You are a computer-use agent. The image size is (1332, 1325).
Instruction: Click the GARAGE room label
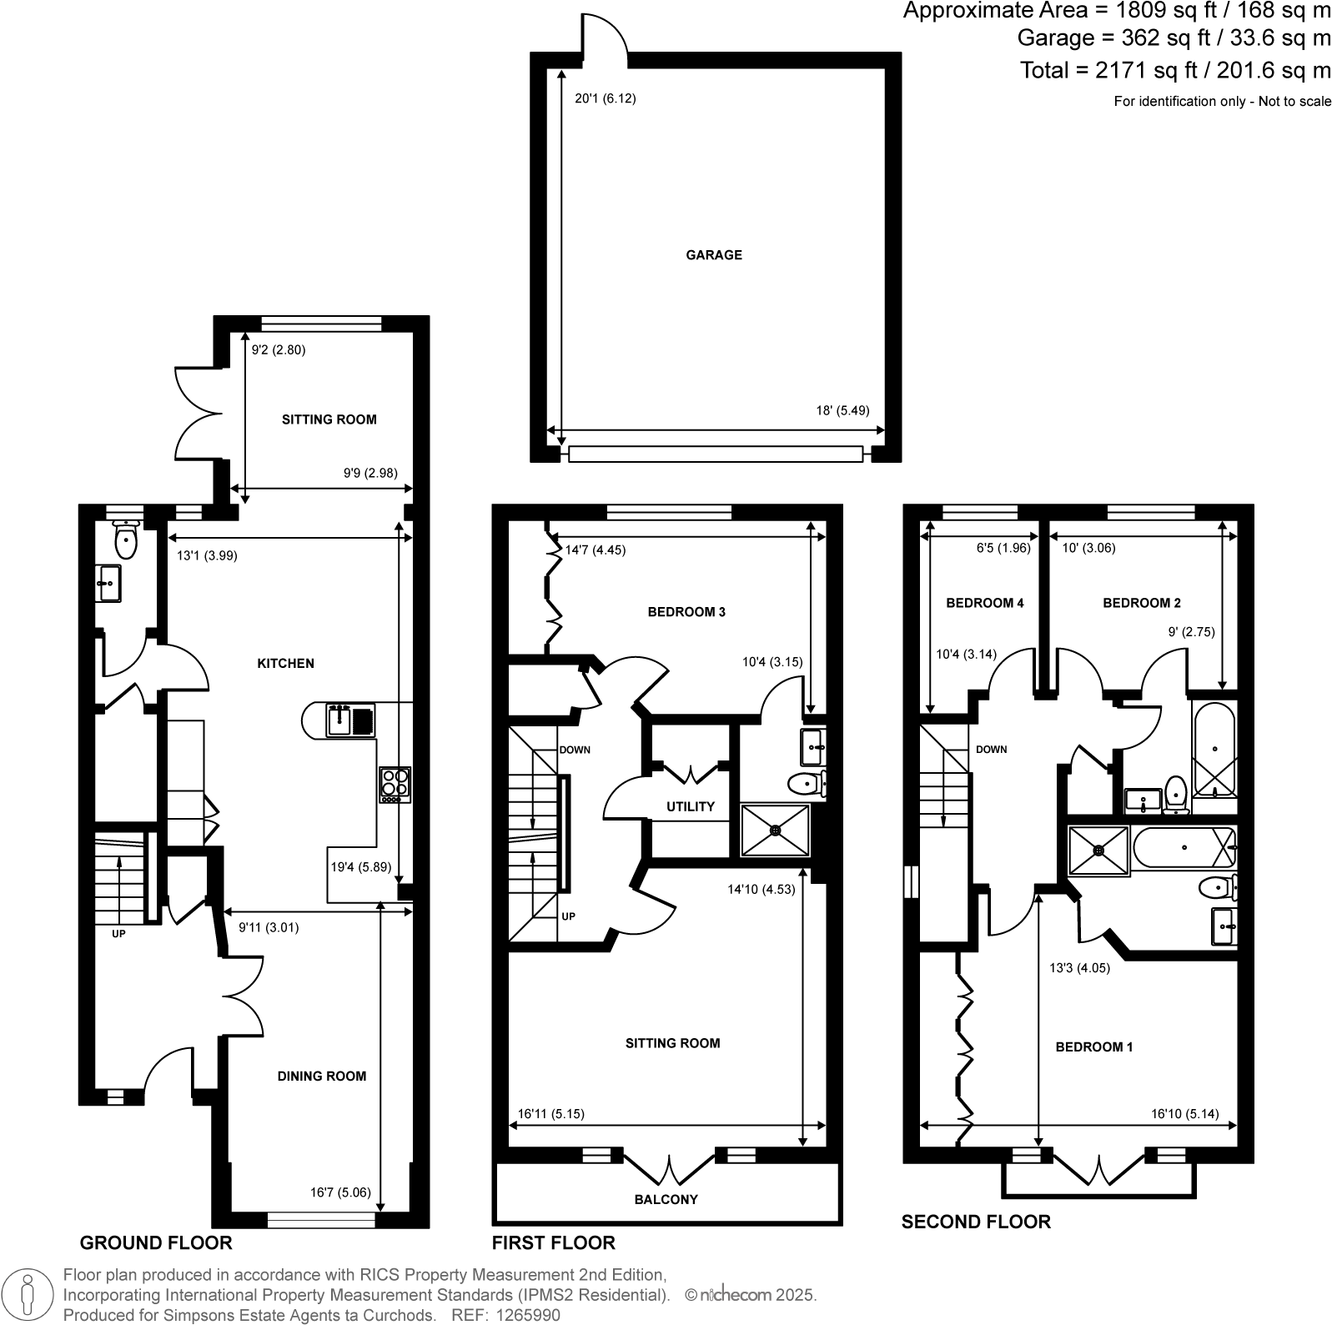tap(713, 255)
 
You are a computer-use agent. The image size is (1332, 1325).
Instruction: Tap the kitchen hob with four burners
tap(395, 784)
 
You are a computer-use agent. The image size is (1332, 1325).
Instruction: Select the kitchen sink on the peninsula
tap(340, 720)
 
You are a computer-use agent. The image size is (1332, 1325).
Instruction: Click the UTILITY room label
tap(690, 806)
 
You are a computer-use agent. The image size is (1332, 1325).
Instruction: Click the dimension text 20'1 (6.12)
tap(605, 98)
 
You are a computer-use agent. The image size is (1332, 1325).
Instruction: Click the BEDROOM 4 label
tap(984, 603)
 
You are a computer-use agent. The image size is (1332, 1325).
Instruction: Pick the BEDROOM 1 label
tap(1093, 1047)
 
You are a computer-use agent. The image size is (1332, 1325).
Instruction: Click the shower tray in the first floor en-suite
tap(775, 830)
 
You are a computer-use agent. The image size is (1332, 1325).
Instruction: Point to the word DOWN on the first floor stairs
tap(575, 750)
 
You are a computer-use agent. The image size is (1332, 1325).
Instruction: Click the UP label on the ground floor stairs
tap(118, 934)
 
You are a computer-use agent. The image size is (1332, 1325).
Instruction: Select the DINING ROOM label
tap(321, 1077)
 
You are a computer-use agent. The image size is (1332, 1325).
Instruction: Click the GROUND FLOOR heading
tap(155, 1243)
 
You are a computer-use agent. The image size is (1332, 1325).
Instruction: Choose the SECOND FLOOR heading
tap(976, 1222)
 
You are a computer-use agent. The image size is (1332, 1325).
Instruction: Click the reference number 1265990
tap(530, 1316)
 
